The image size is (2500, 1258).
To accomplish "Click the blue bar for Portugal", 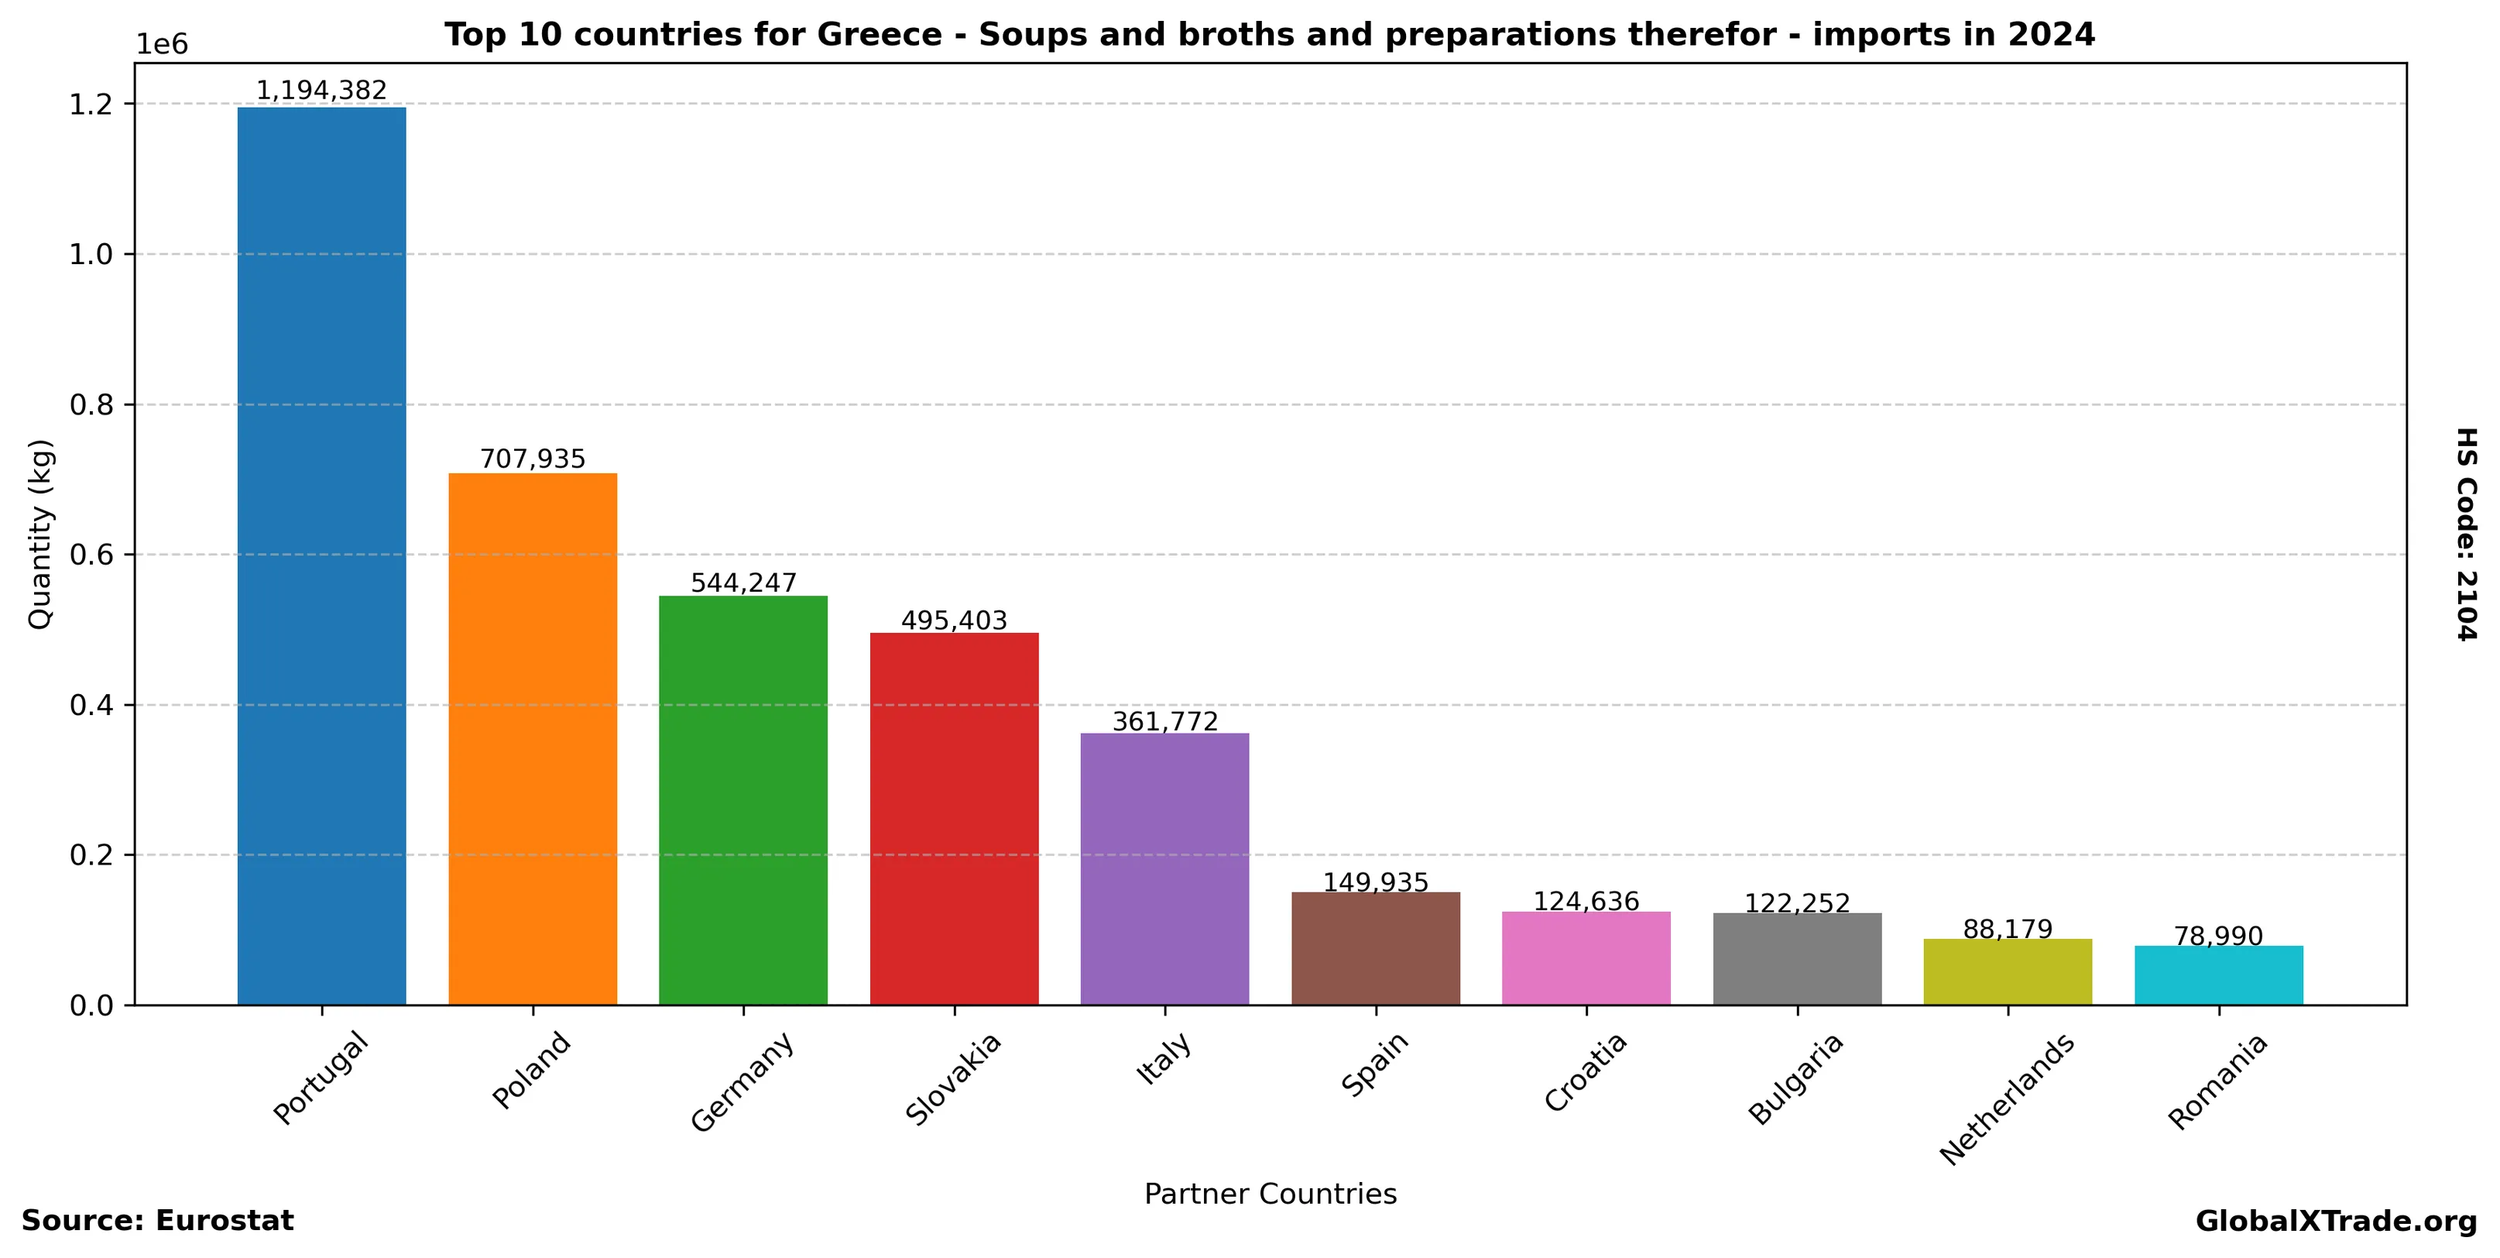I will click(321, 555).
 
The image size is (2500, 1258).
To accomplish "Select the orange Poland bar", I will click(532, 739).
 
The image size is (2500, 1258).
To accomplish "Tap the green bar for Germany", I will click(742, 800).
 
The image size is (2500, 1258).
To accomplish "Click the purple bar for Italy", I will click(1164, 869).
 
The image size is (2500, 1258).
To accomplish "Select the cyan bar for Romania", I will click(2218, 975).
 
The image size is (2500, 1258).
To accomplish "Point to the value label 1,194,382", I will click(321, 91).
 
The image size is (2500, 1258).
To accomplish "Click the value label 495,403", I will click(954, 620).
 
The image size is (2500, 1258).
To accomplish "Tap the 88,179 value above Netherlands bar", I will click(2008, 929).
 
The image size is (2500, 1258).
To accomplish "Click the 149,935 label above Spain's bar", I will click(1375, 882).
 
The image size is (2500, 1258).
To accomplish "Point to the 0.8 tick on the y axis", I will click(91, 405).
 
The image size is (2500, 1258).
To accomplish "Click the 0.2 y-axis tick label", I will click(91, 855).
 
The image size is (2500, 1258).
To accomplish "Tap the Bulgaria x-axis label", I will click(1795, 1078).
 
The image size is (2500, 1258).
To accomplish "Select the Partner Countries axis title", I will click(1271, 1194).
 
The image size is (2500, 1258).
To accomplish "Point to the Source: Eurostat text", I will click(157, 1221).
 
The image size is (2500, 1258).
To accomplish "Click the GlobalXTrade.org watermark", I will click(2336, 1221).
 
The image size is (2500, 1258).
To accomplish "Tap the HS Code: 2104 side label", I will click(2466, 534).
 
